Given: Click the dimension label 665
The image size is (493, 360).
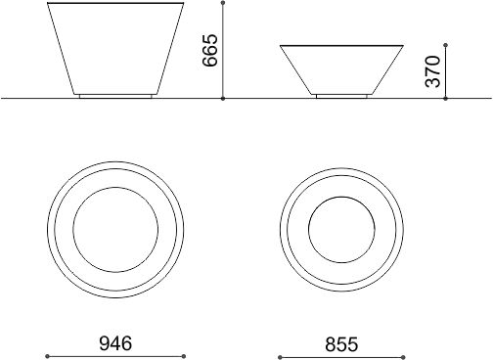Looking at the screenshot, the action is [209, 50].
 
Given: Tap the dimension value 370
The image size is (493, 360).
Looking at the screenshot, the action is [432, 71].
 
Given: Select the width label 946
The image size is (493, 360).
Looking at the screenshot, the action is [115, 343].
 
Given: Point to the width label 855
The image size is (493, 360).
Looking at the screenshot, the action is [341, 344].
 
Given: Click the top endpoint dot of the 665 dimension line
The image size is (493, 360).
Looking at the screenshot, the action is [223, 3].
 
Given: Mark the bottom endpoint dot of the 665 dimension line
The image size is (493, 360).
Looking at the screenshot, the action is [223, 98].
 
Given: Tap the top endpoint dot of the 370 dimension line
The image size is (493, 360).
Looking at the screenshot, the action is [446, 45].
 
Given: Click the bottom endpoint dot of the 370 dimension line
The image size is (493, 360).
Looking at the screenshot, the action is [446, 98].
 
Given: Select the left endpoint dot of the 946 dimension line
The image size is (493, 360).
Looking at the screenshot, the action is [47, 356].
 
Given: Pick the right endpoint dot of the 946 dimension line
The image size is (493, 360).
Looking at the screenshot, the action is [184, 356].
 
